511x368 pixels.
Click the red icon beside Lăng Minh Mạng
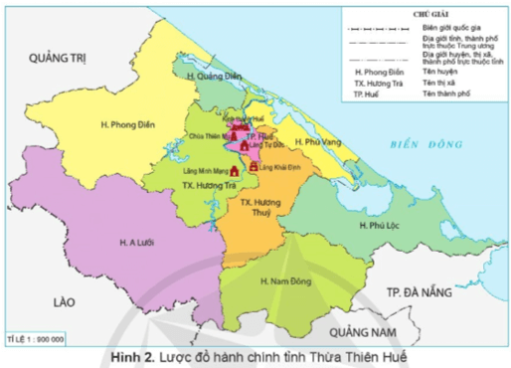tap(236, 171)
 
